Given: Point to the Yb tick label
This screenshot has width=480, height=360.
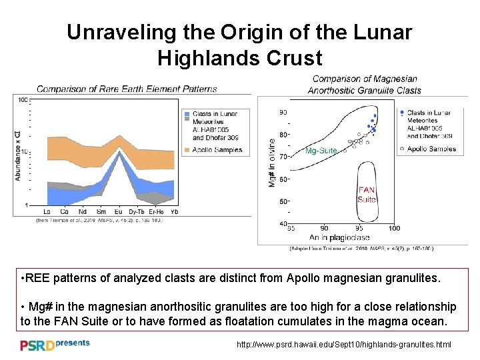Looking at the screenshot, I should click(174, 211).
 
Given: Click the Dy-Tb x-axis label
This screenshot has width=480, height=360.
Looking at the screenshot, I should click(137, 211).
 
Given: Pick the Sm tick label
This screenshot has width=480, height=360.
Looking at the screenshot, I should click(101, 211).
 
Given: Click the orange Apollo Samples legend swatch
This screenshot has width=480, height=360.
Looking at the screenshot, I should click(187, 150).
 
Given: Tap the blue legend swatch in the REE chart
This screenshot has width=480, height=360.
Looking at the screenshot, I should click(187, 114).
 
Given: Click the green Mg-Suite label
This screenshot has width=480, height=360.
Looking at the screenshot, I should click(321, 151).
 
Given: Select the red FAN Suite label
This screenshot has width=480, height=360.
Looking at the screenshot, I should click(367, 195).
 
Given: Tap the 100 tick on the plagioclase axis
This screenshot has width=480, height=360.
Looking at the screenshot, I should click(393, 229).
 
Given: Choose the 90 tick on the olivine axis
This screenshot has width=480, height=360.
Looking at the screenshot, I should click(283, 112).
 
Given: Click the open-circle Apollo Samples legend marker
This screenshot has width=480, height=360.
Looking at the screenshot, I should click(402, 149).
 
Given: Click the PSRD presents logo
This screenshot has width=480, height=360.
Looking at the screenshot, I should click(53, 345).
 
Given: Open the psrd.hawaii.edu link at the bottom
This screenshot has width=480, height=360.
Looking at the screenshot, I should click(344, 345).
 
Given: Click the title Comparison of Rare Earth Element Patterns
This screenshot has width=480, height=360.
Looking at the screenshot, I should click(127, 89).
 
